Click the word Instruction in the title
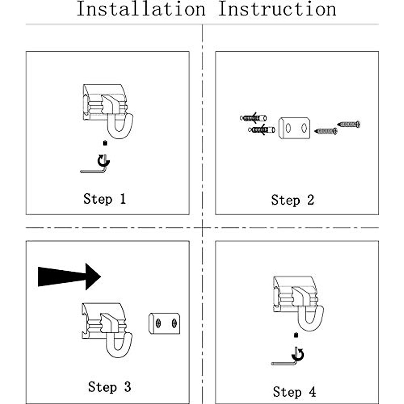(277, 9)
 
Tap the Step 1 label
(105, 199)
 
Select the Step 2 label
(293, 200)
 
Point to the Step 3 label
(110, 387)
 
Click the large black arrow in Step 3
(69, 276)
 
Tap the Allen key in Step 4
(284, 363)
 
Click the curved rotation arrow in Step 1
(104, 161)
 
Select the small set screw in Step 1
(105, 143)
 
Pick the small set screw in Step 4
(296, 335)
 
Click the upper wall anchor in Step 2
(253, 118)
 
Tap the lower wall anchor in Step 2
(262, 130)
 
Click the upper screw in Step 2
(349, 124)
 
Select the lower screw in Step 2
(326, 131)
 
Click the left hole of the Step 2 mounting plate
(288, 128)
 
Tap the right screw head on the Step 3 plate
(174, 324)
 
